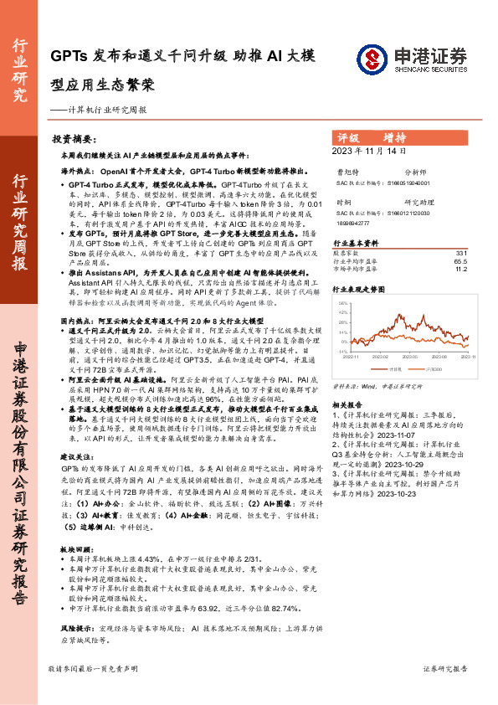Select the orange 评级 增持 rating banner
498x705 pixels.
(x=408, y=137)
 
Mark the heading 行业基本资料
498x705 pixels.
(x=362, y=242)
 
